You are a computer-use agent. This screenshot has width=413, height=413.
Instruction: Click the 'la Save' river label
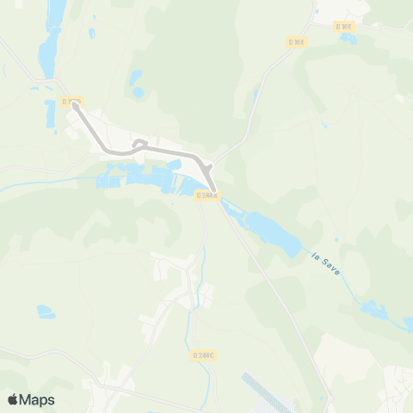[328, 262]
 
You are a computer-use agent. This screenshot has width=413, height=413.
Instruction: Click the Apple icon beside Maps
[14, 398]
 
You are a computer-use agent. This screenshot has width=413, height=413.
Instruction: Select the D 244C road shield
[202, 354]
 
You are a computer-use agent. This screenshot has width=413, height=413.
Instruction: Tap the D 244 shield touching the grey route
[208, 196]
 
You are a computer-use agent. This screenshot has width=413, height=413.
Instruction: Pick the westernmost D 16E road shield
[297, 41]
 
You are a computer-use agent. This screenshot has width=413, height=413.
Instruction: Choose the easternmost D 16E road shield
[345, 27]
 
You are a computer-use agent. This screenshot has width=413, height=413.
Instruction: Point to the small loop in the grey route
[141, 145]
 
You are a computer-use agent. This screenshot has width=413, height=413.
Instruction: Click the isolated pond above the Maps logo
[45, 311]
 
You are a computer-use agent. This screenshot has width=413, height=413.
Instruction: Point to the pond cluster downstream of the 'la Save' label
[375, 308]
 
